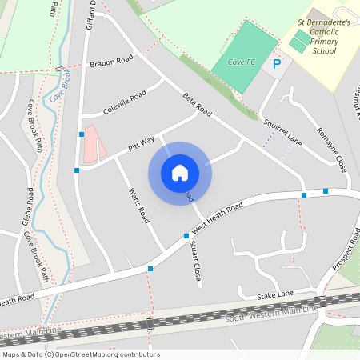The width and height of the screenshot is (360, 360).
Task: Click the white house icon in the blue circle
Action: point(180,172)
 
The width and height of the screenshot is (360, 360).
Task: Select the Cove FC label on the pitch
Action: point(241,62)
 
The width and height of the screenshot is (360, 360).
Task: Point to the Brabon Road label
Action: point(111,62)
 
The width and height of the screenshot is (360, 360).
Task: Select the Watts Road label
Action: point(139,205)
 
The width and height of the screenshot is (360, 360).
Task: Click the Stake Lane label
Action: point(276,296)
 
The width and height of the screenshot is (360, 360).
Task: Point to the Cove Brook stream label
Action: point(56,86)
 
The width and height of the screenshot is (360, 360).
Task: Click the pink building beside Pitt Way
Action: point(94,142)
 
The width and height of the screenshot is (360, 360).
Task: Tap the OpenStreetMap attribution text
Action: point(80,354)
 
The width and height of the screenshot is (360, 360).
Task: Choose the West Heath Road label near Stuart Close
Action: point(216,218)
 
